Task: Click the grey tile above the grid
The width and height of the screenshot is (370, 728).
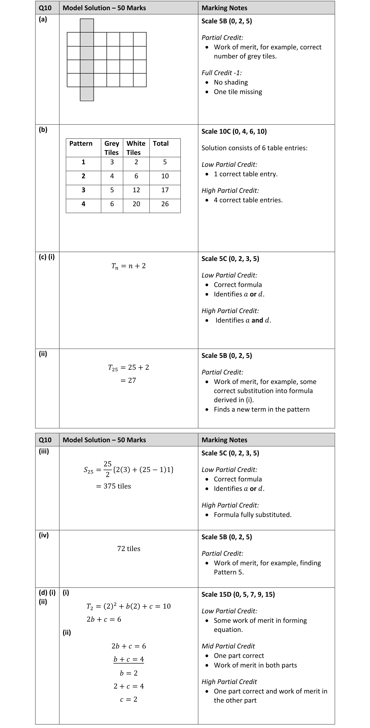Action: pos(87,25)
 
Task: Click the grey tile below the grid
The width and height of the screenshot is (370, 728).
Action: pos(87,94)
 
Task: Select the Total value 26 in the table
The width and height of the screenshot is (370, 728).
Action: pos(165,204)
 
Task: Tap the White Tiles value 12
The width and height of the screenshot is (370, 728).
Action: pos(136,190)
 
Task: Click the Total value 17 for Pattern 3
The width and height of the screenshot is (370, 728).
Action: pos(165,190)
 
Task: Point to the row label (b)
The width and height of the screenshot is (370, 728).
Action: pos(43,130)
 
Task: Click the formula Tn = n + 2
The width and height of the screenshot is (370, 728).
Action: pos(129,266)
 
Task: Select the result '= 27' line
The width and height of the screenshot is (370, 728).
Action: pos(128,380)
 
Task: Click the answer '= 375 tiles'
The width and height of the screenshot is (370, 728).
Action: pos(114,486)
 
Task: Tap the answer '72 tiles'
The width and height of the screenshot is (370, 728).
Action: pos(129,549)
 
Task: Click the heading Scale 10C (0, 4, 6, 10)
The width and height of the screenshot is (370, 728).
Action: pos(234,131)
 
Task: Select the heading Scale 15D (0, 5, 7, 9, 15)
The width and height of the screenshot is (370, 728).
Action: pos(238,594)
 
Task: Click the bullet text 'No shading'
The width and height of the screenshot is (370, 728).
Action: pos(231,82)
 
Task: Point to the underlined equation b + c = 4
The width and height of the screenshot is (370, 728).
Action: pos(129,659)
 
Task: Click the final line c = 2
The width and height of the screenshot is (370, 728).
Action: pos(129,700)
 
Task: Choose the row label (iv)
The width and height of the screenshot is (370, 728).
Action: pos(44,535)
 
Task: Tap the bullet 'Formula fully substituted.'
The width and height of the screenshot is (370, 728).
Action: pos(252,515)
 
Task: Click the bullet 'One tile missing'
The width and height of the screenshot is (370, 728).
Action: pos(238,92)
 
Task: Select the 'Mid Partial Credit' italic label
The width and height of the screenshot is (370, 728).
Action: pos(228,646)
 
